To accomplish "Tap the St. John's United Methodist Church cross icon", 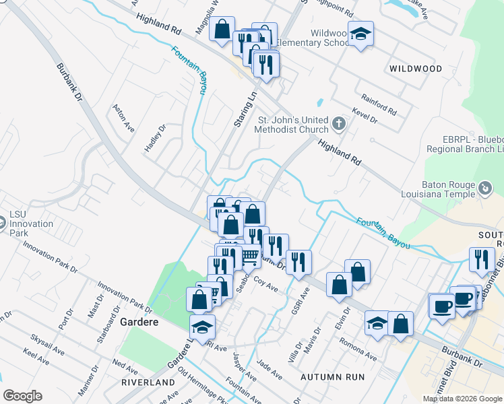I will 339,124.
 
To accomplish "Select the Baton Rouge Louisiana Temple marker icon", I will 484,186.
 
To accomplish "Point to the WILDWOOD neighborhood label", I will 416,69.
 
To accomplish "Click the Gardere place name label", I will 139,323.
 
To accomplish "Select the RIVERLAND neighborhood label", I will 148,382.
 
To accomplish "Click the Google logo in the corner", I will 22,396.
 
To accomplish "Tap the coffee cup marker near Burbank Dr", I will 442,305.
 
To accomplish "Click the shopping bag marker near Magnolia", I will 222,29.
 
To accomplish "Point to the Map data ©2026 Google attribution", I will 462,399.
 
